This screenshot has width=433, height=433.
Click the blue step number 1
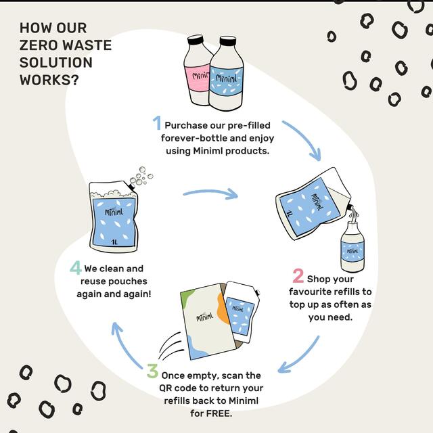click(156, 123)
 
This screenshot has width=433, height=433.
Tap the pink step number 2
click(298, 276)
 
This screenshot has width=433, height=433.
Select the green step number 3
click(153, 372)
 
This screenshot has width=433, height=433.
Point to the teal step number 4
click(76, 267)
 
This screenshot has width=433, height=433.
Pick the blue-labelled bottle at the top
click(227, 76)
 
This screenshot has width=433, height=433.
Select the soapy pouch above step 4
click(110, 216)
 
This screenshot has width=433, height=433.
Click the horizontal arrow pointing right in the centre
click(210, 193)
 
